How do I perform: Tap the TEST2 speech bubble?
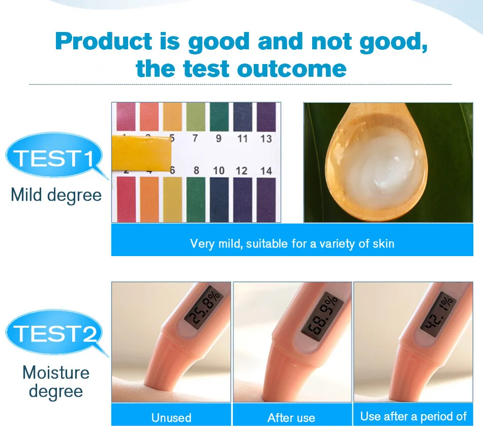pyautogui.click(x=54, y=332)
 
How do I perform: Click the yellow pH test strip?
pyautogui.click(x=141, y=153)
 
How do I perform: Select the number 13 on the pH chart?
pyautogui.click(x=266, y=139)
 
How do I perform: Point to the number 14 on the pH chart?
pyautogui.click(x=266, y=171)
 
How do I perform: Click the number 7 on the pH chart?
pyautogui.click(x=195, y=138)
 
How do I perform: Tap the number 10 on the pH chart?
pyautogui.click(x=219, y=171)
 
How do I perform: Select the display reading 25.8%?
pyautogui.click(x=203, y=309)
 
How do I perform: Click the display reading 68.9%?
pyautogui.click(x=321, y=316)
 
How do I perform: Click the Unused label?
pyautogui.click(x=171, y=418)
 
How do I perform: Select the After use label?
pyautogui.click(x=291, y=418)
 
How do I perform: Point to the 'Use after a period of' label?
pyautogui.click(x=413, y=417)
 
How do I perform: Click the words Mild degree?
pyautogui.click(x=56, y=196)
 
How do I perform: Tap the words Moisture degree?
pyautogui.click(x=56, y=382)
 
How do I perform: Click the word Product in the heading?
pyautogui.click(x=104, y=41)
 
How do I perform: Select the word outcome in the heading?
pyautogui.click(x=292, y=68)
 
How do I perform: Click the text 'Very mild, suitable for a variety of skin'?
pyautogui.click(x=292, y=243)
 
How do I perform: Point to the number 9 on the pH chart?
pyautogui.click(x=219, y=139)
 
